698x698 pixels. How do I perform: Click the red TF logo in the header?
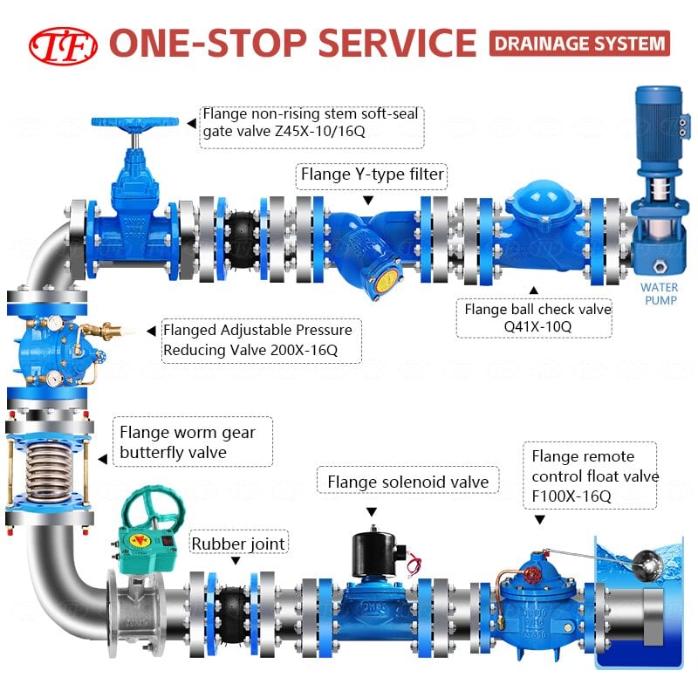pyautogui.click(x=63, y=45)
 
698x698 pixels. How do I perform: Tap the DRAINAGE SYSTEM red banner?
pyautogui.click(x=579, y=43)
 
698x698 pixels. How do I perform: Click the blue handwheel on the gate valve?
pyautogui.click(x=135, y=122)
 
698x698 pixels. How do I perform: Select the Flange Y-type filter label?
pyautogui.click(x=372, y=174)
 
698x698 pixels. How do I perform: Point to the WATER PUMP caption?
pyautogui.click(x=660, y=294)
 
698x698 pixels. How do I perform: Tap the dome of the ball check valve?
pyautogui.click(x=544, y=195)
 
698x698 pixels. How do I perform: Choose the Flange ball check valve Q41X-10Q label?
pyautogui.click(x=534, y=318)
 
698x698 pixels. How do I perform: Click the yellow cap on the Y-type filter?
pyautogui.click(x=386, y=281)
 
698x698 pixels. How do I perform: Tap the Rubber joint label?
pyautogui.click(x=238, y=543)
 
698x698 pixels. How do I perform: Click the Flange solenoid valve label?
pyautogui.click(x=407, y=482)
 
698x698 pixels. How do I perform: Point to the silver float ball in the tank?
pyautogui.click(x=647, y=565)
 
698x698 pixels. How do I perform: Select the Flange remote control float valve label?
pyautogui.click(x=590, y=476)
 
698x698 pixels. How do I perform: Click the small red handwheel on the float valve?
pyautogui.click(x=531, y=575)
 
